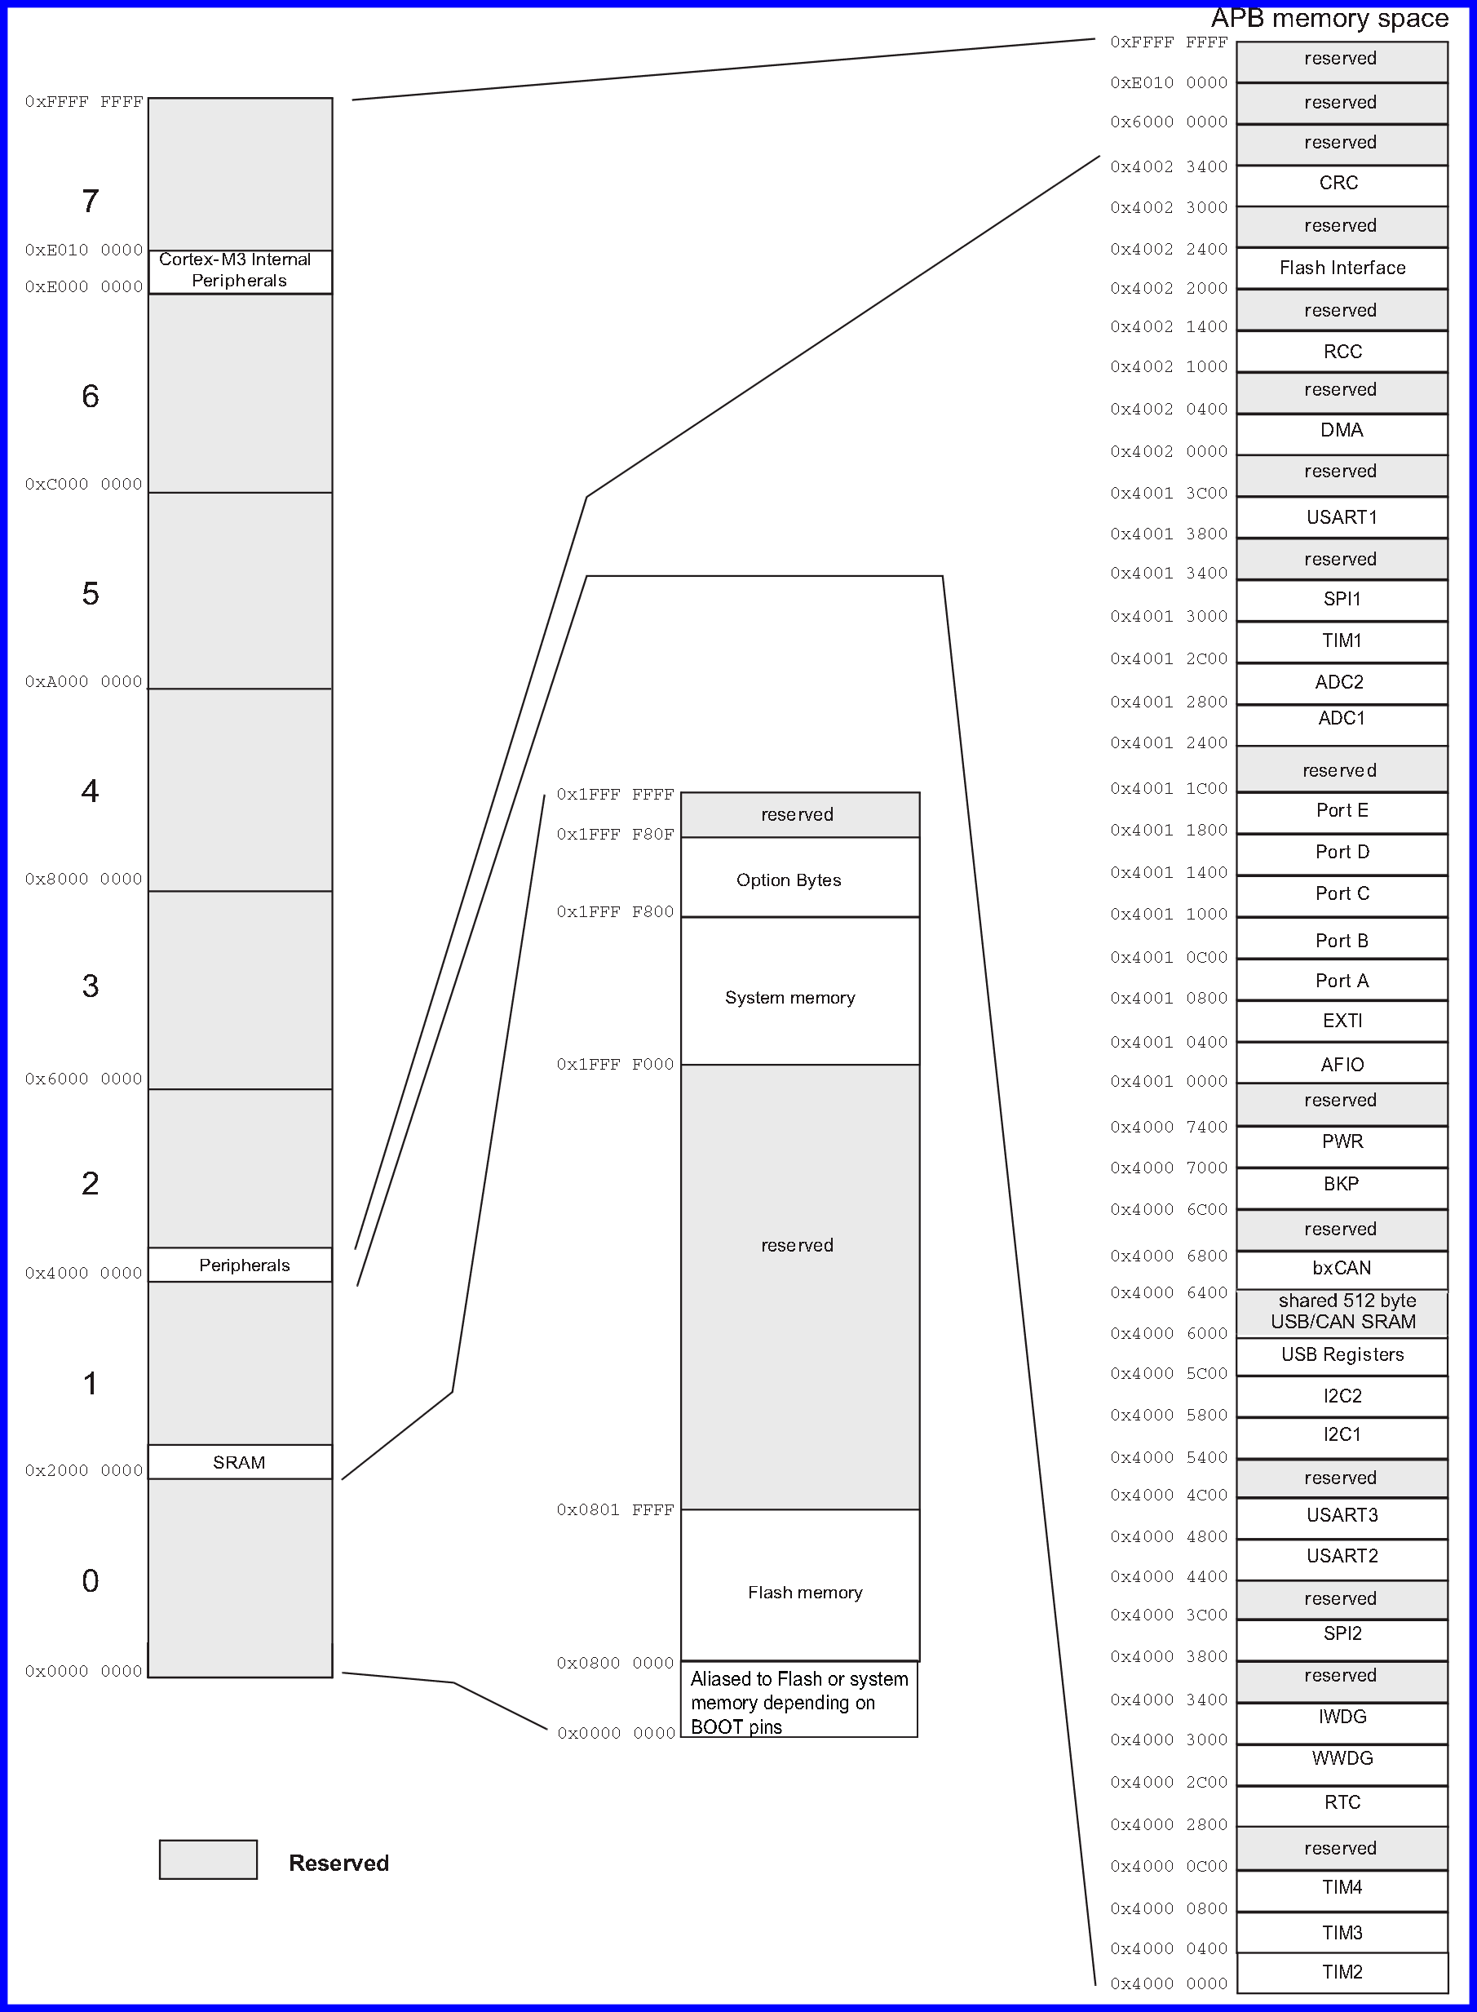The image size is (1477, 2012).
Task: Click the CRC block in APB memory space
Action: (x=1341, y=184)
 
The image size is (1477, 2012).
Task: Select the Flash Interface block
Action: (x=1341, y=268)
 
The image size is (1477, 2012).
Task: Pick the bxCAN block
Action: (x=1341, y=1268)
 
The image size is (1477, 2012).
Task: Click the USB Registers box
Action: (x=1341, y=1354)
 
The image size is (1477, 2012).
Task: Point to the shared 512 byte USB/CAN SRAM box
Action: (x=1341, y=1312)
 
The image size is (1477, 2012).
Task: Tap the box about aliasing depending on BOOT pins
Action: (x=799, y=1702)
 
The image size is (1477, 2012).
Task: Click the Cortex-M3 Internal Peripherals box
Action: (x=240, y=271)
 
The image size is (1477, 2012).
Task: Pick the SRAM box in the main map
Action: (x=240, y=1462)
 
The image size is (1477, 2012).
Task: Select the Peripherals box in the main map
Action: (x=240, y=1265)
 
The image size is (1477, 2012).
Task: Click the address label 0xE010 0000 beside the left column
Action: (x=84, y=250)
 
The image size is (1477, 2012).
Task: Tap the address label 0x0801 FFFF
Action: (x=615, y=1510)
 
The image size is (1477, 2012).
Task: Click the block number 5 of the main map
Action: (x=91, y=594)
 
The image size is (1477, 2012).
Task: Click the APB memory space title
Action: (x=1329, y=19)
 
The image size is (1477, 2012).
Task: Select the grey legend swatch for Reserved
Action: (x=208, y=1860)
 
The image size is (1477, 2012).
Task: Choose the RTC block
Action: (x=1341, y=1801)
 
